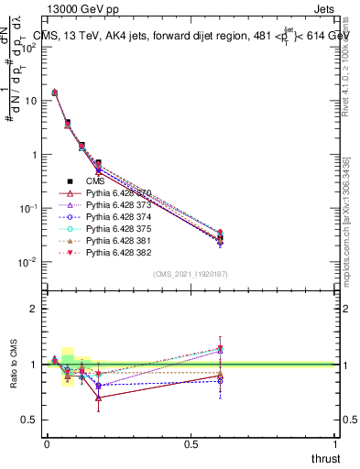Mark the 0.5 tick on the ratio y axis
27,420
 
